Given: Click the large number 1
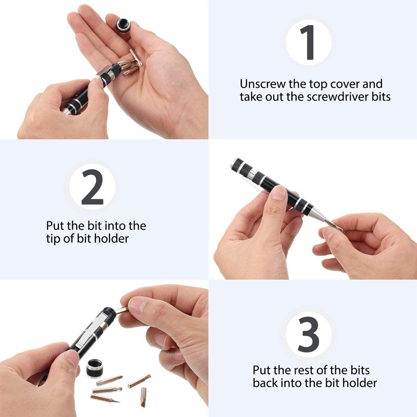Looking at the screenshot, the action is point(308,42).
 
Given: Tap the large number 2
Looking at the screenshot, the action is point(92,187).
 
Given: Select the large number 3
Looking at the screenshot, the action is point(309,335).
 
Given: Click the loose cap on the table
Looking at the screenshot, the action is point(95,369).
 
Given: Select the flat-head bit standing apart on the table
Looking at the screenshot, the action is point(143,397).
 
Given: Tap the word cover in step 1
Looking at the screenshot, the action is point(346,84).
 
